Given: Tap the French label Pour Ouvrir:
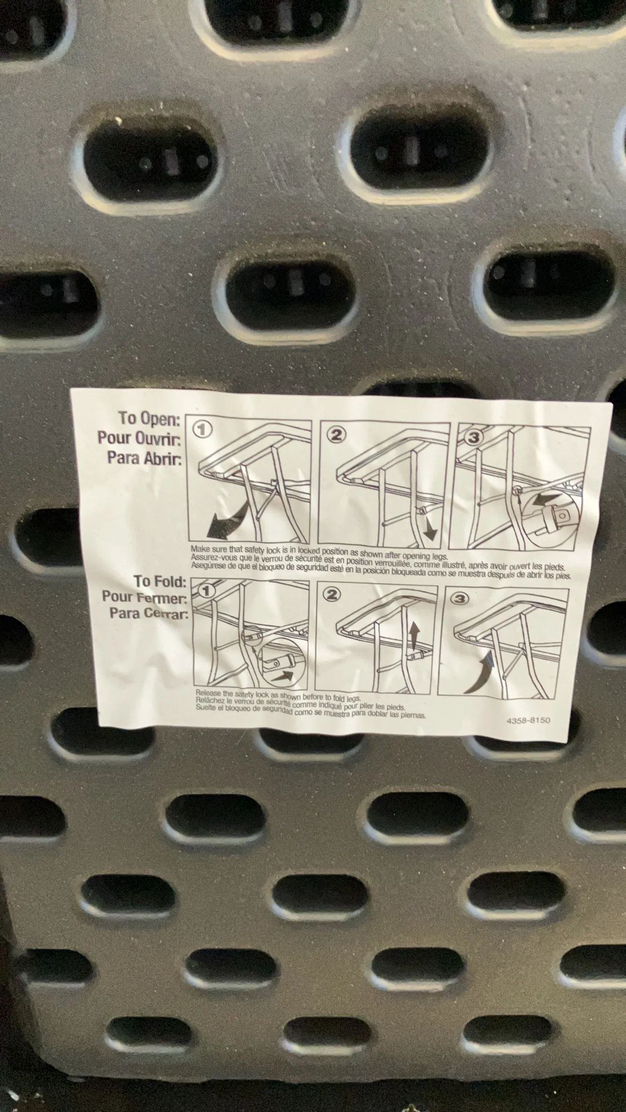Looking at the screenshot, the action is click(x=139, y=438).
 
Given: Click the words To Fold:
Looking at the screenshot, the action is click(x=161, y=582).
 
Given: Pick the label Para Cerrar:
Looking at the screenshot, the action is click(x=149, y=613).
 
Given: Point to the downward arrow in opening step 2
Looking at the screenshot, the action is click(x=430, y=528).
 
